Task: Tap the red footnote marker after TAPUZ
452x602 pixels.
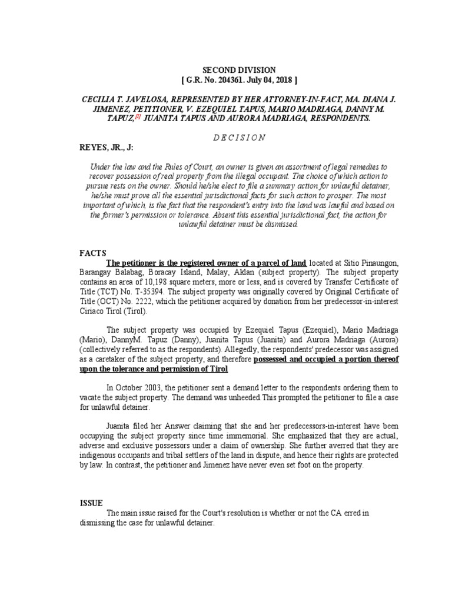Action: point(138,116)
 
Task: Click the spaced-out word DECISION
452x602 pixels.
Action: point(226,138)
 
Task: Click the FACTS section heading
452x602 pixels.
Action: point(92,253)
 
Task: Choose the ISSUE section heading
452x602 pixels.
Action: point(91,503)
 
